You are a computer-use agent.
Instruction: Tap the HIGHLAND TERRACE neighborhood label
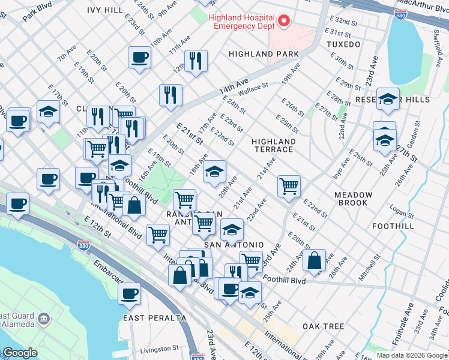[274, 146]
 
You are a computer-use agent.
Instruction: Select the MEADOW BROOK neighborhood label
[353, 199]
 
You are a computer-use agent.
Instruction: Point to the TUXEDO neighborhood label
[343, 44]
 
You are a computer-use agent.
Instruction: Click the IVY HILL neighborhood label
[104, 10]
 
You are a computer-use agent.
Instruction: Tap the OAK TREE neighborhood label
[324, 326]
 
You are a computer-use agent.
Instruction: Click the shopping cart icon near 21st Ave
[289, 186]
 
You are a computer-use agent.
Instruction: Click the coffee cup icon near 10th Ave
[139, 58]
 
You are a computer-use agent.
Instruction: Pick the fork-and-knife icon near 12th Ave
[196, 61]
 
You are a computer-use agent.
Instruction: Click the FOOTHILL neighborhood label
[393, 226]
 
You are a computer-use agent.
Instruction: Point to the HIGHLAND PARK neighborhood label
[264, 54]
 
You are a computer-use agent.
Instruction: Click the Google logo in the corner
[19, 353]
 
